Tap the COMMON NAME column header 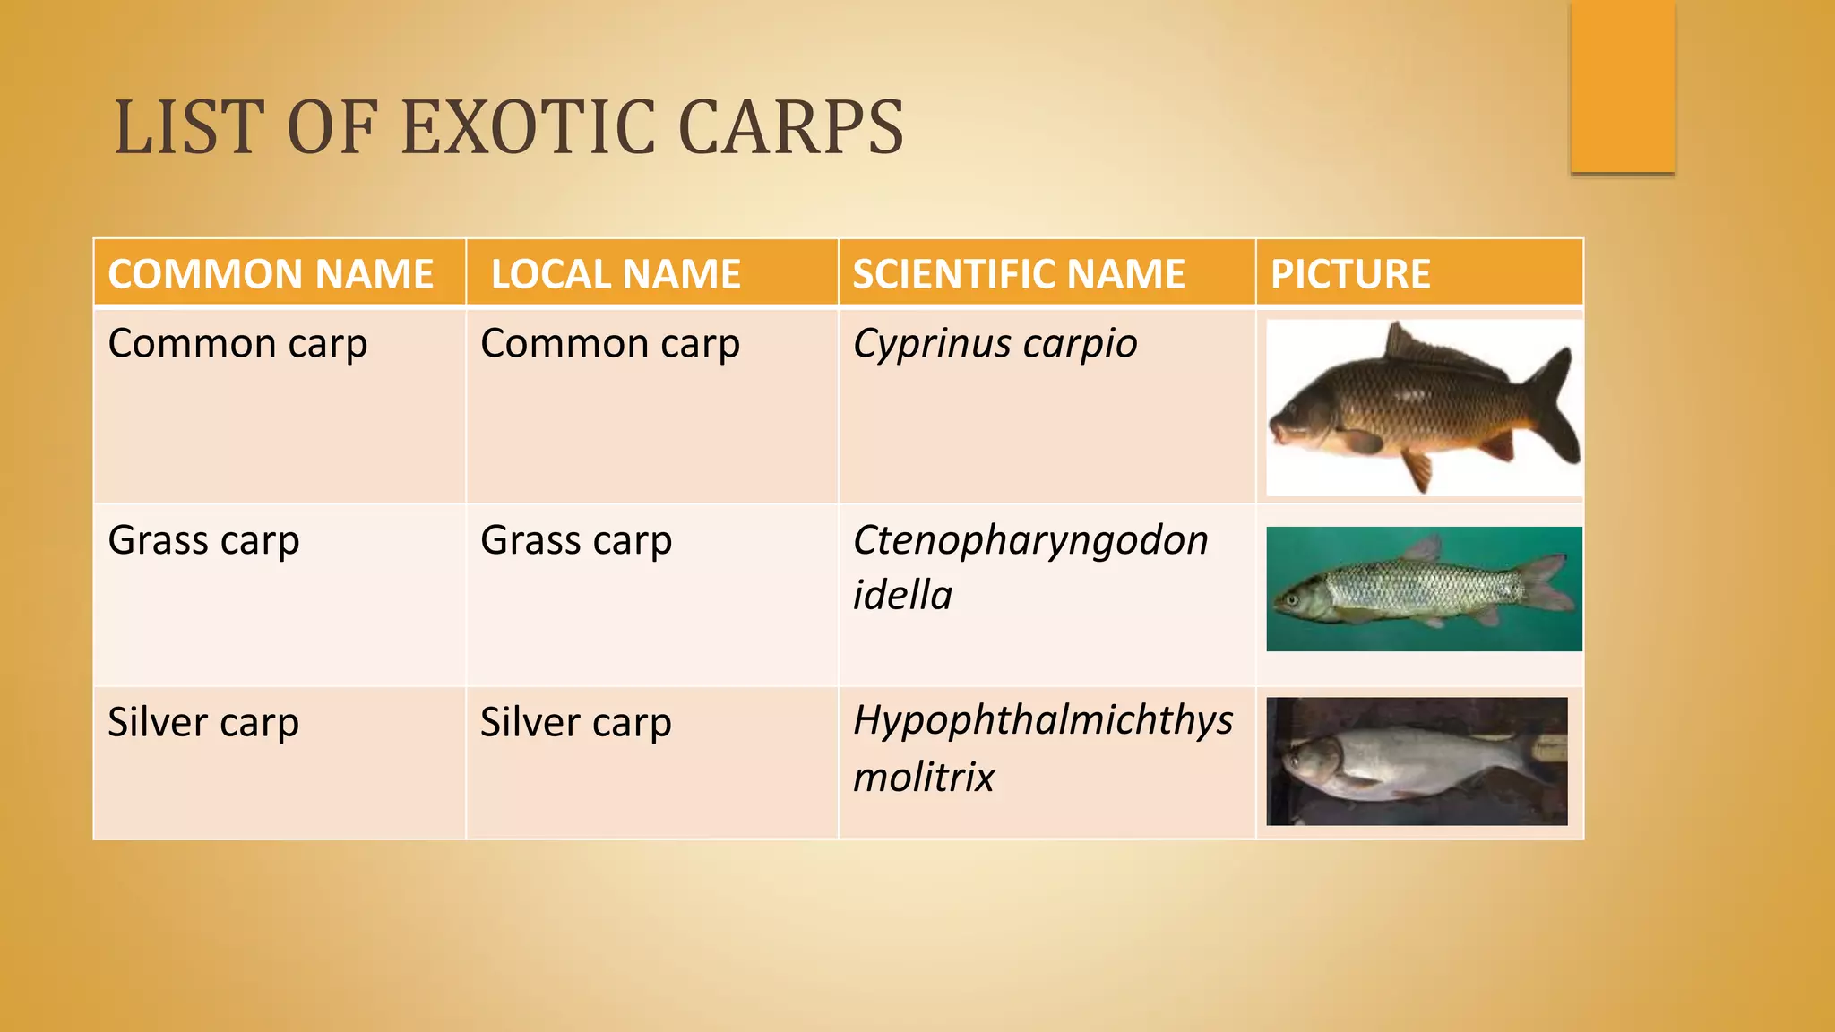(x=271, y=274)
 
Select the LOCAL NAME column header (x=616, y=274)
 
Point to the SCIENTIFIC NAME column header (x=1019, y=274)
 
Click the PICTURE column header (x=1350, y=274)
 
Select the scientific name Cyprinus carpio (x=995, y=344)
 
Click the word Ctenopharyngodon (x=1030, y=540)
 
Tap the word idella (x=902, y=596)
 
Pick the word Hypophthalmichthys (x=1043, y=721)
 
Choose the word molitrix (x=924, y=777)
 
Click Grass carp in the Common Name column (x=203, y=541)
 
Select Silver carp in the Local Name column (x=575, y=723)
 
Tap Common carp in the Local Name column (x=610, y=344)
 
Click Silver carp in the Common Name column (x=203, y=723)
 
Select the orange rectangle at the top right (x=1622, y=86)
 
